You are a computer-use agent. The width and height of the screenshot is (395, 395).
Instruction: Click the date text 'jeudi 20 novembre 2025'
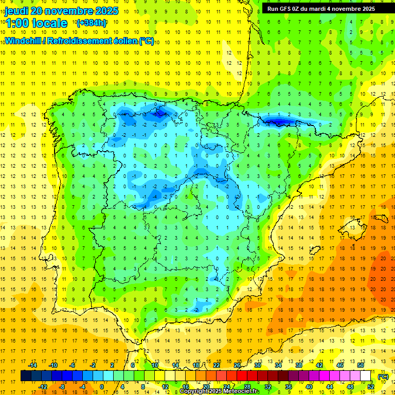point(61,11)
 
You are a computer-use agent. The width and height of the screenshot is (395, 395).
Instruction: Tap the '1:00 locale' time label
point(37,23)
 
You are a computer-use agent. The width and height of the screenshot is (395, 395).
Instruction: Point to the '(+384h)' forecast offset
point(91,23)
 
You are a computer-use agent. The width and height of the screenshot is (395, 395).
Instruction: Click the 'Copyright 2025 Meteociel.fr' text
point(219,391)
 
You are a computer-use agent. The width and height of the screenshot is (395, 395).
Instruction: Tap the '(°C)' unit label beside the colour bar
point(383,376)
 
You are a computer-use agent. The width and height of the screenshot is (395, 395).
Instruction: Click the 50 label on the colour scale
point(361,365)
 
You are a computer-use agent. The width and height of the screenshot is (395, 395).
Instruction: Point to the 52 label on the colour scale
point(371,387)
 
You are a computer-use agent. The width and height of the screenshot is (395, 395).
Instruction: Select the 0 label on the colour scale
point(101,387)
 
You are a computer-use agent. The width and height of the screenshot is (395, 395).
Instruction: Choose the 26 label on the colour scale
point(237,365)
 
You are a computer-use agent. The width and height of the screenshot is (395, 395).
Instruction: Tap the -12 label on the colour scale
point(43,387)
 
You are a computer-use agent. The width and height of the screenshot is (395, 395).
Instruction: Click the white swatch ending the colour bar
point(366,376)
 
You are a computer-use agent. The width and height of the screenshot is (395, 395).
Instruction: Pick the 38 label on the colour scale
point(298,365)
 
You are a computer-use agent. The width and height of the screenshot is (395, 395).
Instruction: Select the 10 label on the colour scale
point(154,365)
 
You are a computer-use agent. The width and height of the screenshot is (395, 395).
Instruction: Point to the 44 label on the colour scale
point(330,387)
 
